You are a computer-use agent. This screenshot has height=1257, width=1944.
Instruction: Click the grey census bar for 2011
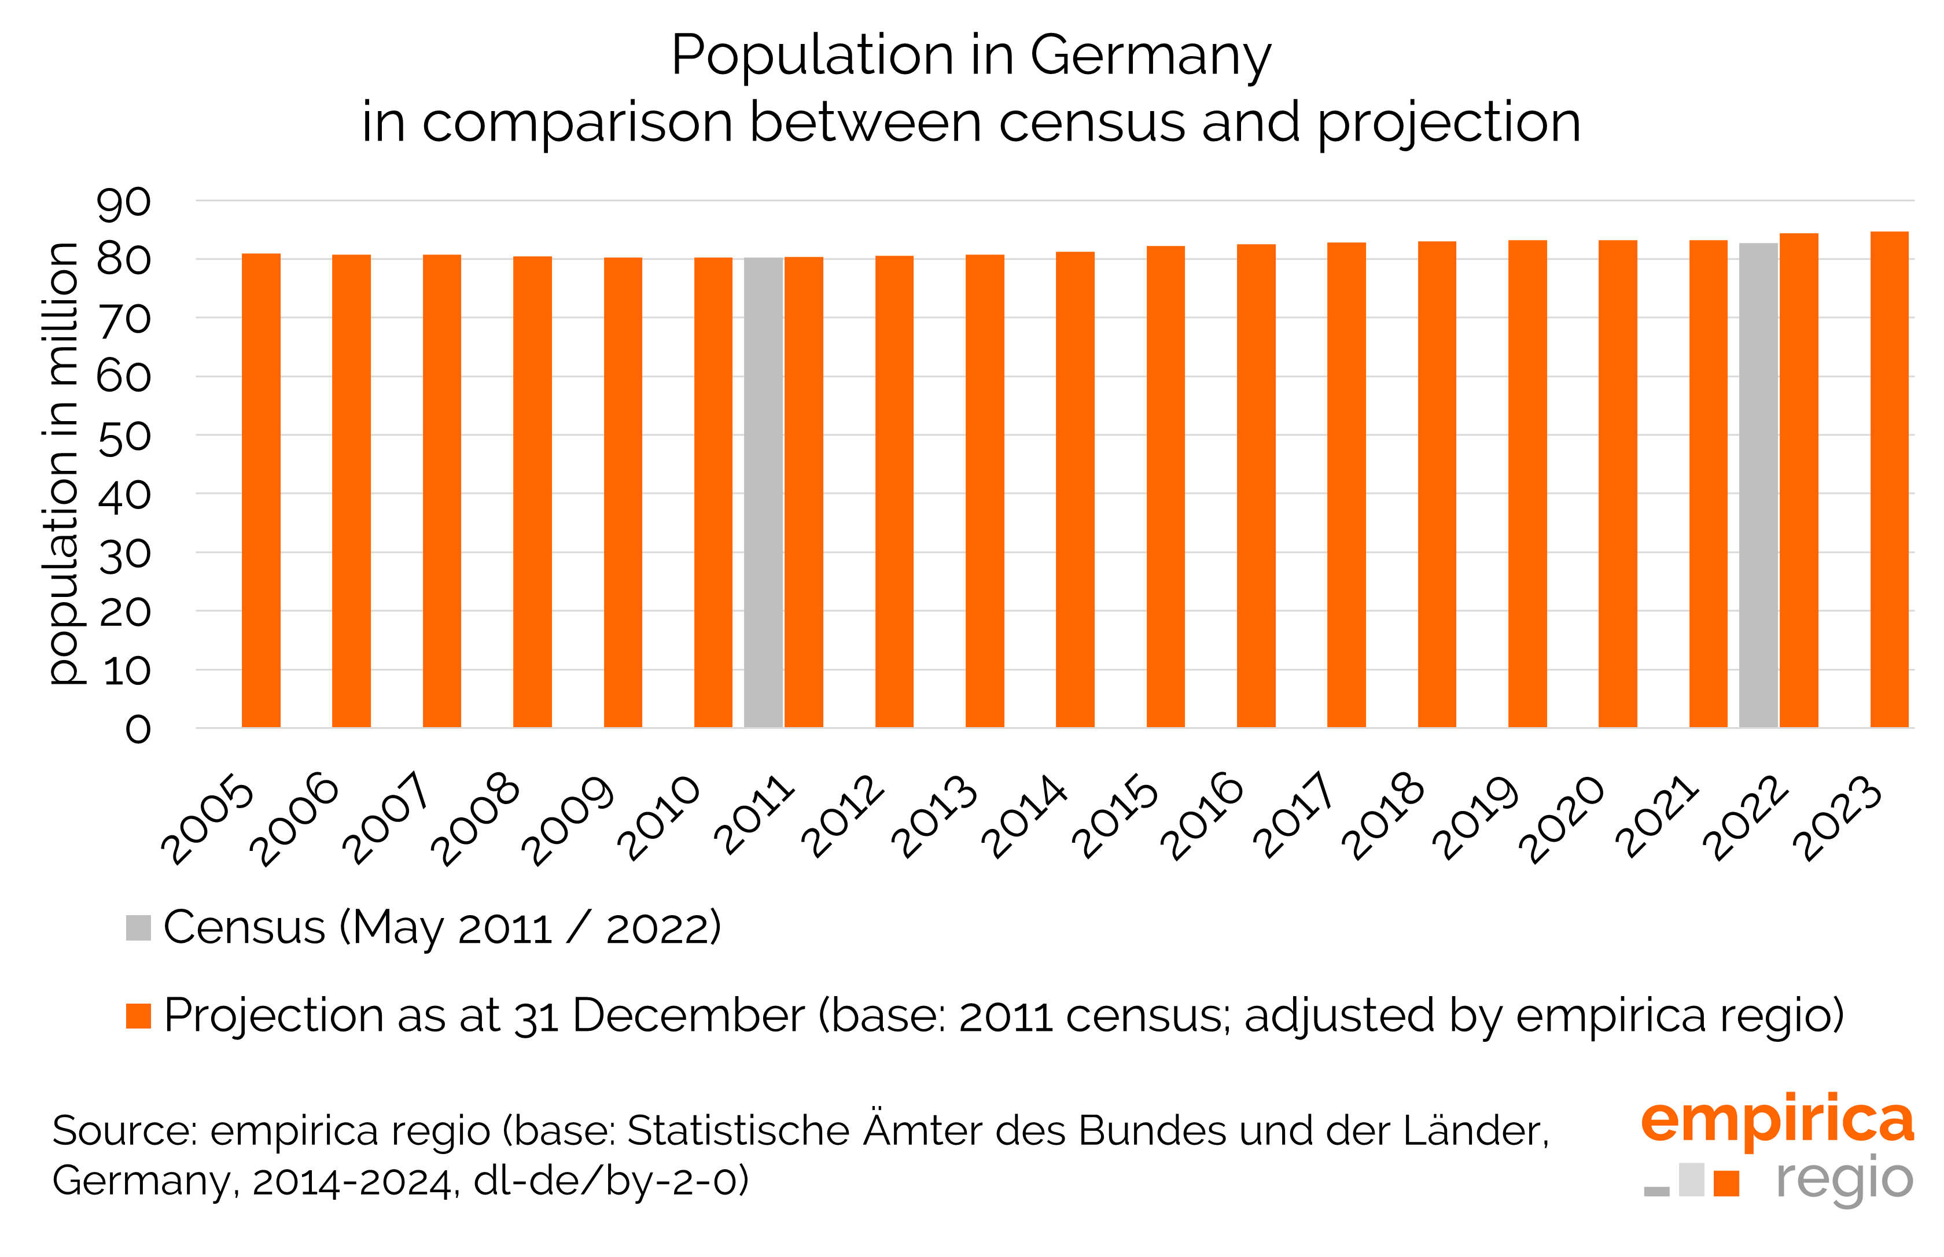(x=763, y=492)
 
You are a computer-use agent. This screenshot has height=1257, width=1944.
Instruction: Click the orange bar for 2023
(x=1888, y=479)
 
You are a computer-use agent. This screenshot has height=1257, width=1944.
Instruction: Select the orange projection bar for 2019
(x=1527, y=483)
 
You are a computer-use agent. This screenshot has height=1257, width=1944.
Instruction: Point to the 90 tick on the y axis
(x=123, y=202)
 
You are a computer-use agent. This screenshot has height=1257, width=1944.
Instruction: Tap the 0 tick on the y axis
(x=137, y=729)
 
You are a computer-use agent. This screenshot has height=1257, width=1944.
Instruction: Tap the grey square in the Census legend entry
(x=138, y=928)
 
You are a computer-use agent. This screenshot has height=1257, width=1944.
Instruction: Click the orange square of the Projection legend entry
(x=138, y=1016)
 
